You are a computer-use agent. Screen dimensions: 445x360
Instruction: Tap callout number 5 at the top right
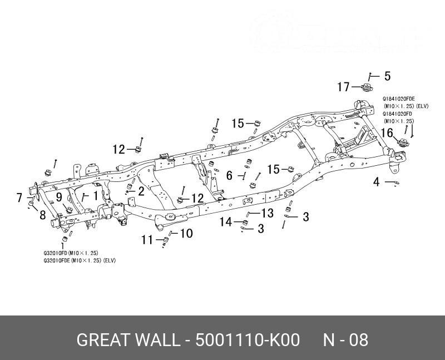click(387, 76)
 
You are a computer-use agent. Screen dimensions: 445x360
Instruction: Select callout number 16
click(387, 132)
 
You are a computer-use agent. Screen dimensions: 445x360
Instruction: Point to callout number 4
click(377, 181)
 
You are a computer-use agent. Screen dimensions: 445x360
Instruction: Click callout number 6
click(229, 175)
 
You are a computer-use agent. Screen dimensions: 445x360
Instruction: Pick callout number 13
click(268, 213)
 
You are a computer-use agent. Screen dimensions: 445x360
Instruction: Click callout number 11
click(147, 240)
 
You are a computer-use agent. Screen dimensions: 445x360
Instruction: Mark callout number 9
click(58, 196)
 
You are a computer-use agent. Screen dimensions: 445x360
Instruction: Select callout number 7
click(19, 198)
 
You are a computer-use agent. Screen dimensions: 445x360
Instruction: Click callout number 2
click(141, 191)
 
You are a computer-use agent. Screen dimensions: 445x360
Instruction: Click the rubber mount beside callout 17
click(367, 87)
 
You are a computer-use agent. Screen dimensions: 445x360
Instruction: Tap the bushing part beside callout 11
click(165, 240)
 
